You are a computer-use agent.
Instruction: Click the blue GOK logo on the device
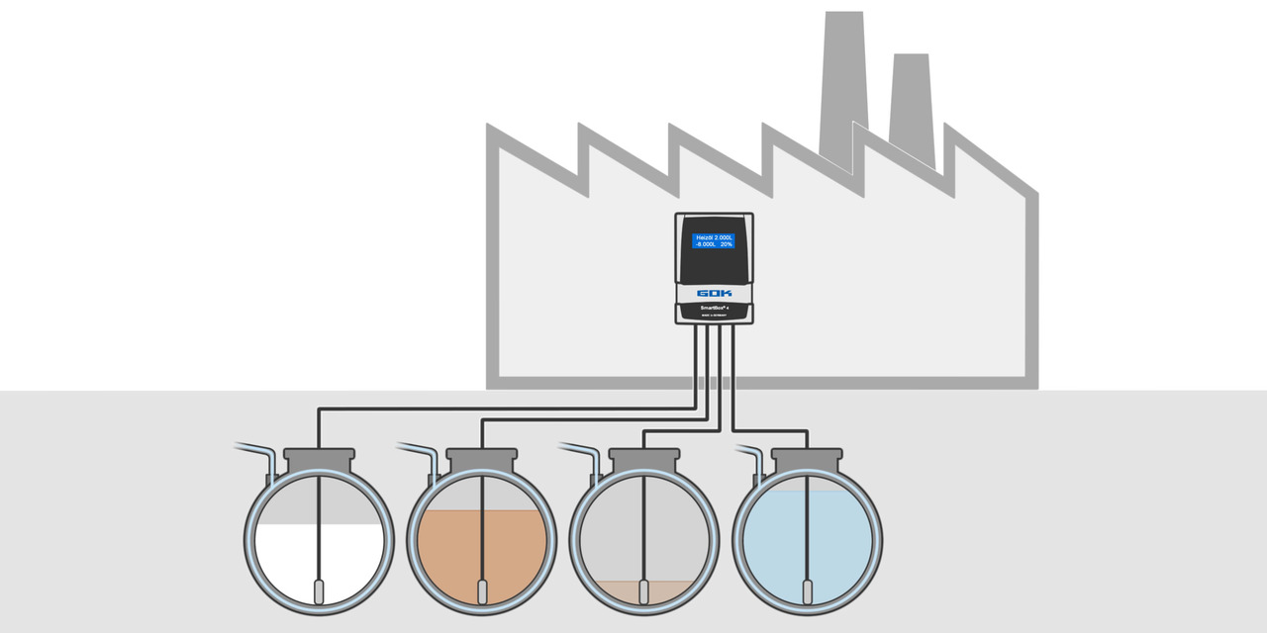[714, 294]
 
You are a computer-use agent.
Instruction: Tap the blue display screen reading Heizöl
[714, 240]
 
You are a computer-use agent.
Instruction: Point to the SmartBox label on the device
[714, 308]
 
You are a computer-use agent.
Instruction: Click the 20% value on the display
[726, 244]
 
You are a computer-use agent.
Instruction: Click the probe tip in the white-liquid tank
[319, 591]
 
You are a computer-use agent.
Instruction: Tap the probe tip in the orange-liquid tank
[482, 591]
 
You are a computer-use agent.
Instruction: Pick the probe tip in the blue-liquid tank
[808, 591]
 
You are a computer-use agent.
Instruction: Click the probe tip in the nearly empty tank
[644, 591]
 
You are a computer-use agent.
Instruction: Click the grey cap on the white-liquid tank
[319, 459]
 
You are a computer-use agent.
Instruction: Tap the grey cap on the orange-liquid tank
[482, 459]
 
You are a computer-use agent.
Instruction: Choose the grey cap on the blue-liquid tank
[808, 459]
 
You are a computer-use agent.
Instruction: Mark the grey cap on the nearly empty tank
[644, 459]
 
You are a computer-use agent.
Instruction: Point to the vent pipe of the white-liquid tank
[259, 454]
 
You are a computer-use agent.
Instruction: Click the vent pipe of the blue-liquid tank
[749, 454]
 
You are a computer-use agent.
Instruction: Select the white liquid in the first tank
[287, 559]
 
